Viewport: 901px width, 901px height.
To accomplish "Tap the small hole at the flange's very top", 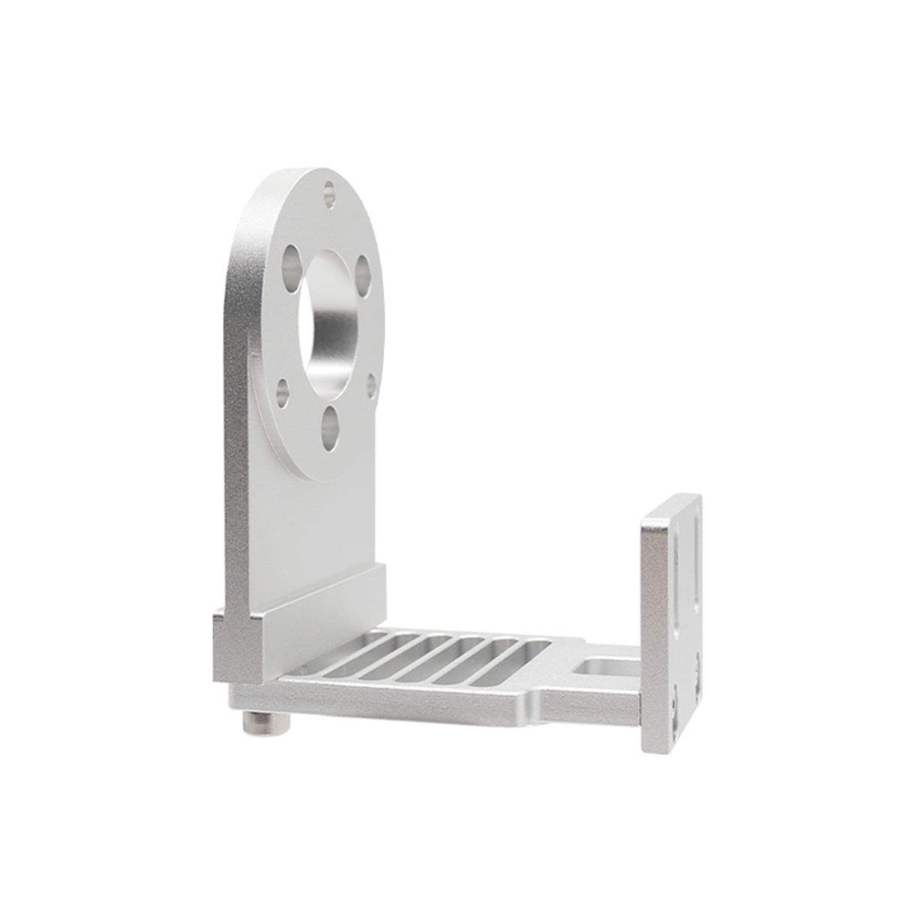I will (x=329, y=194).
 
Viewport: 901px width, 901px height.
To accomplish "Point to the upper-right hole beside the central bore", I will (x=363, y=273).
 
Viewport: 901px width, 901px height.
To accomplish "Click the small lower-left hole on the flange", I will (x=283, y=393).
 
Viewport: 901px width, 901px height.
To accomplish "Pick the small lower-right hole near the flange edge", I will (x=371, y=385).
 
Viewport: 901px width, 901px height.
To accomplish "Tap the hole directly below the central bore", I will (x=330, y=425).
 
